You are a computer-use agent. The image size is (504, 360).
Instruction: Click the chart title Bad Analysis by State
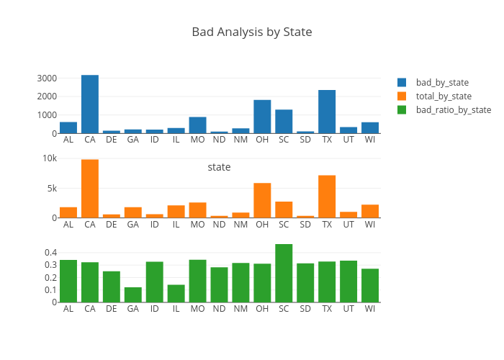click(x=251, y=32)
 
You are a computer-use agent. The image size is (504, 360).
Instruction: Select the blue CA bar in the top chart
click(x=90, y=104)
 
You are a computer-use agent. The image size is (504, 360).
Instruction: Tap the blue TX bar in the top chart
click(x=327, y=112)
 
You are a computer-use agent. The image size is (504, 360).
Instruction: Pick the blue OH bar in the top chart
click(x=262, y=117)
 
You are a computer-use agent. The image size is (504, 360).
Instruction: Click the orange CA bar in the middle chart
click(x=90, y=189)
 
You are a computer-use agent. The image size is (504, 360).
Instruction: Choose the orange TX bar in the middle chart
click(x=327, y=197)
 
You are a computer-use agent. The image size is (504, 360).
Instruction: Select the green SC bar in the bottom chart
click(x=284, y=273)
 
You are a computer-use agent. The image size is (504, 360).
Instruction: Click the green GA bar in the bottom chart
click(x=133, y=294)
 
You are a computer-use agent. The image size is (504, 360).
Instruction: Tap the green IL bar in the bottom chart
click(x=176, y=293)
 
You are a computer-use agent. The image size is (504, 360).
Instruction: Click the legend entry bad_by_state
click(x=442, y=82)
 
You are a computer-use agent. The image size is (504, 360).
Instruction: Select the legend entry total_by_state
click(x=444, y=96)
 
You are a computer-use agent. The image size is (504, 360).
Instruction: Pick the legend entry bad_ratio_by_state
click(x=453, y=110)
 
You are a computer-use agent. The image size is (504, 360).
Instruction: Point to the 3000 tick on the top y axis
click(x=47, y=78)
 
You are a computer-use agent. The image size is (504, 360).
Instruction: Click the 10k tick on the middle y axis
click(x=49, y=158)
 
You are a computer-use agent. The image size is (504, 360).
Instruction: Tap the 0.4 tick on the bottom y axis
click(x=50, y=253)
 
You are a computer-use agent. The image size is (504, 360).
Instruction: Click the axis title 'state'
click(x=219, y=167)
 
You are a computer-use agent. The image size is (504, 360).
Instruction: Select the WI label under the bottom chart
click(x=370, y=308)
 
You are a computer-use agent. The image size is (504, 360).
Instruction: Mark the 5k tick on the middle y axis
click(x=51, y=188)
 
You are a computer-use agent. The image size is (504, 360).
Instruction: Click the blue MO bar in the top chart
click(x=198, y=125)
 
